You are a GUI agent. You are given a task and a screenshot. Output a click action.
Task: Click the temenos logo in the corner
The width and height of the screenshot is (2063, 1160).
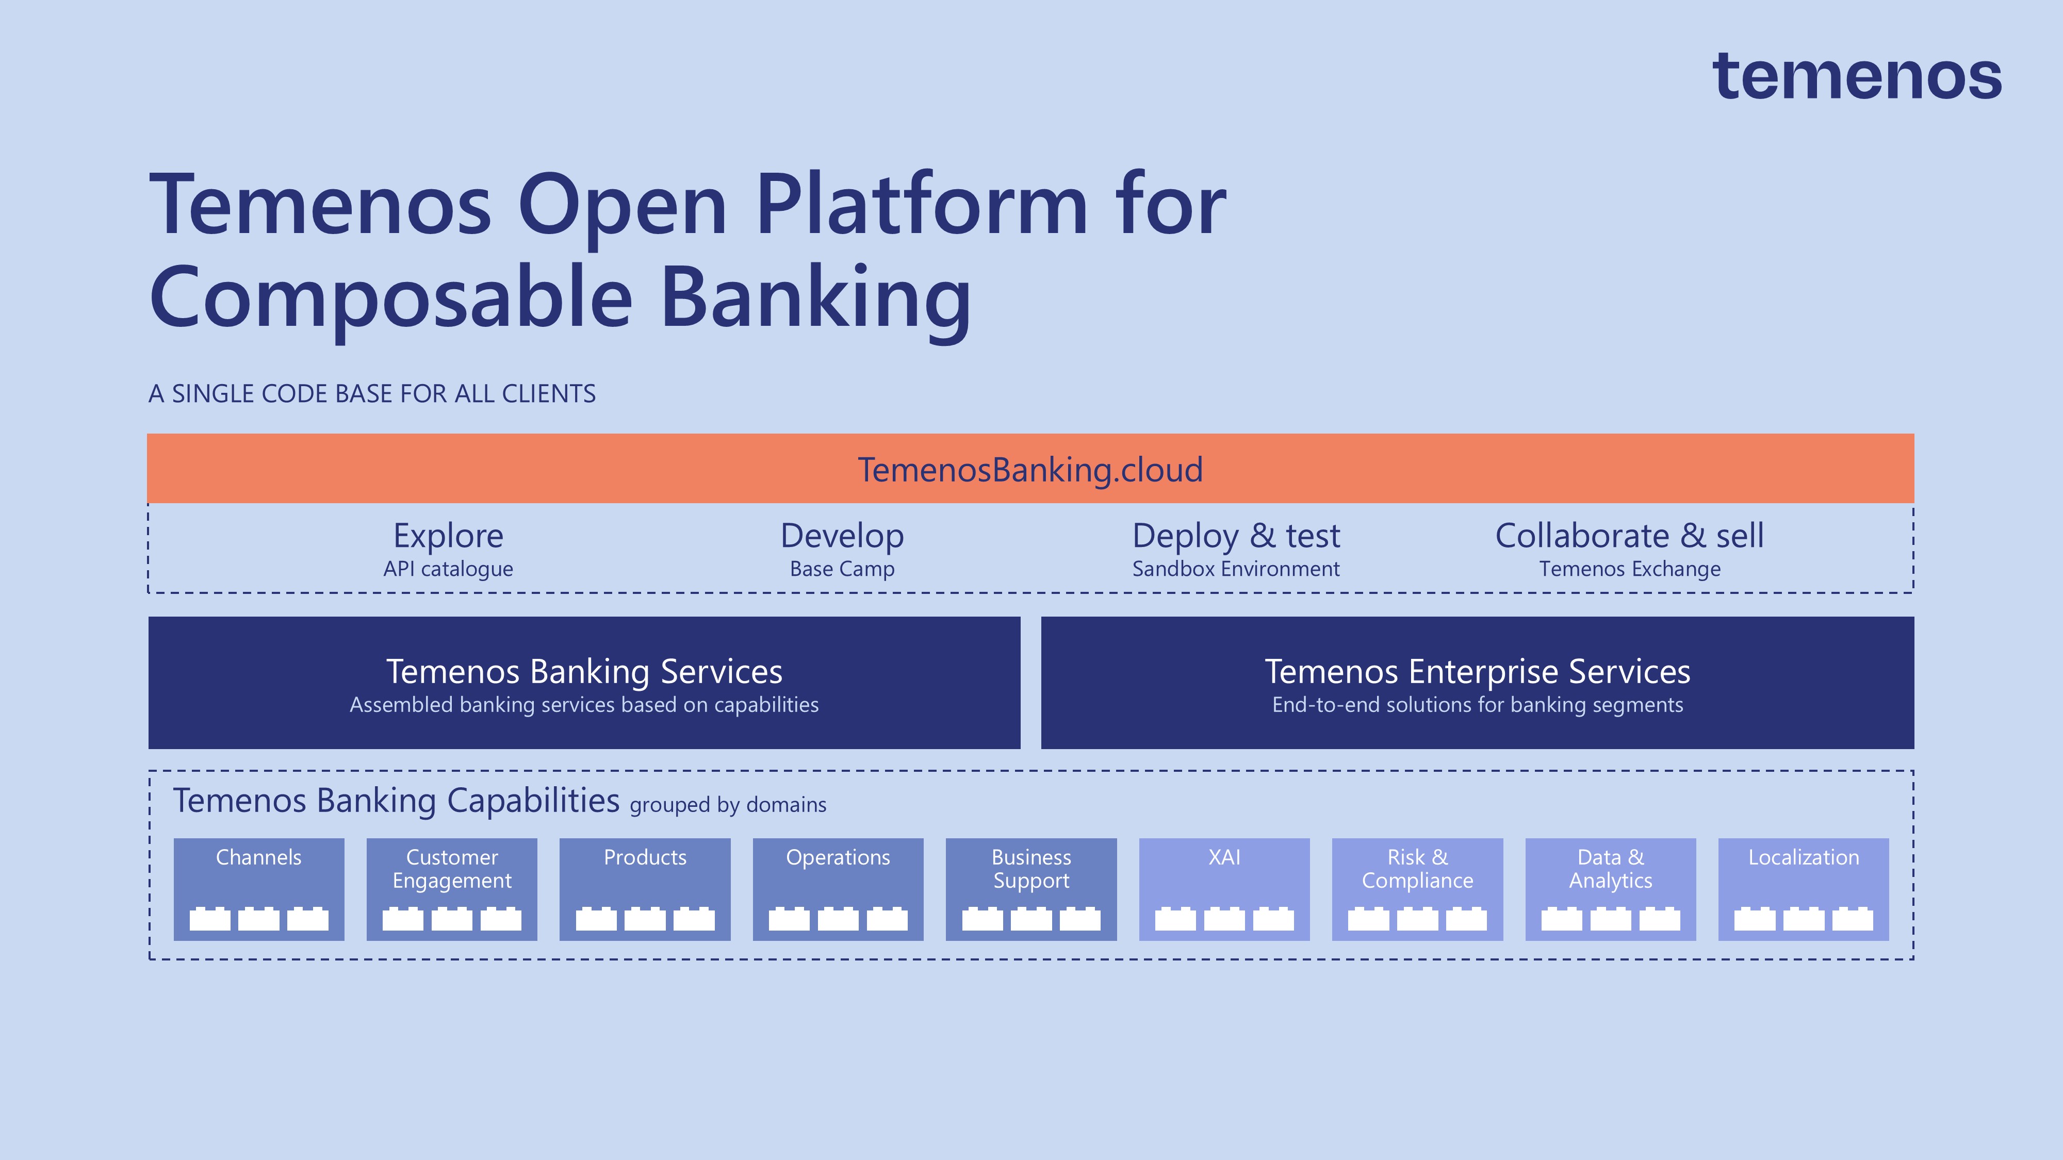tap(1856, 78)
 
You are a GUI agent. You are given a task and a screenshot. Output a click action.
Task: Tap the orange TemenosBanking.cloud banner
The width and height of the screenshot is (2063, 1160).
tap(1030, 469)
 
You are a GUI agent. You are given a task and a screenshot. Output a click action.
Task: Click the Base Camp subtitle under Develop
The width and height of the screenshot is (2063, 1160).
tap(842, 569)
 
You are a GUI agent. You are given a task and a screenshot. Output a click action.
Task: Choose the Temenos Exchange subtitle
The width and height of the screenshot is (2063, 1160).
tap(1629, 569)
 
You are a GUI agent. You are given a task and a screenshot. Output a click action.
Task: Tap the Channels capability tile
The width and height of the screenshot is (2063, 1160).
tap(259, 889)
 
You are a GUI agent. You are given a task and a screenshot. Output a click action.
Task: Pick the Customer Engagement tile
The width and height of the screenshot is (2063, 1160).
tap(452, 889)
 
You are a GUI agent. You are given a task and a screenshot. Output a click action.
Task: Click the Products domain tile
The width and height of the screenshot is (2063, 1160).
tap(645, 889)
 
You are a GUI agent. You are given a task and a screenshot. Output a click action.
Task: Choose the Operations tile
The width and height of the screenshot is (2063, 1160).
tap(838, 889)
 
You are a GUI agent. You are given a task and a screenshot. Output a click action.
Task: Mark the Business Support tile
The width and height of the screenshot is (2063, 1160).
tap(1030, 889)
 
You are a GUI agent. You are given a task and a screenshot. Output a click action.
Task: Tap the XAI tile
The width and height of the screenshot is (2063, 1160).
tap(1224, 889)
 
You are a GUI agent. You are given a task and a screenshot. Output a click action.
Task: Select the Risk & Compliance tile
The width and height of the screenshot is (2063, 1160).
tap(1417, 889)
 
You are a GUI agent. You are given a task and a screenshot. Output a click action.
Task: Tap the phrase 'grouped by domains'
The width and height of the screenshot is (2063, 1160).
tap(727, 805)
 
